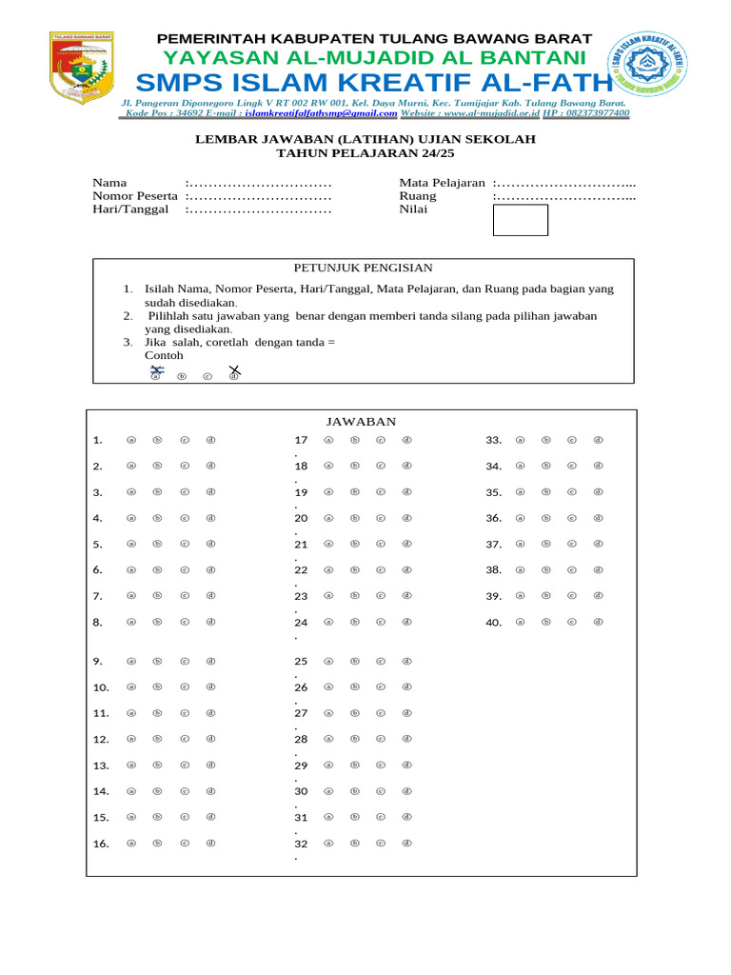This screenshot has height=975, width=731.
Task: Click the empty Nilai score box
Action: pos(520,220)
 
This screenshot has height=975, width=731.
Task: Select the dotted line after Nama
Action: pos(260,182)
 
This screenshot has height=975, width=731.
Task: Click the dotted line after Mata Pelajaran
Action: pos(565,182)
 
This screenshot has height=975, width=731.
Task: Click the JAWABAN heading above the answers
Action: pos(362,421)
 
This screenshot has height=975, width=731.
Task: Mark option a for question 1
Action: pos(131,440)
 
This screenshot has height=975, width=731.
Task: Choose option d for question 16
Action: pos(211,843)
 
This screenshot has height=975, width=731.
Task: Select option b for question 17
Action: pos(354,440)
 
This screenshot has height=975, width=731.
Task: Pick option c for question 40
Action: pos(572,622)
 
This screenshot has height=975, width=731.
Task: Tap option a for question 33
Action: pos(520,440)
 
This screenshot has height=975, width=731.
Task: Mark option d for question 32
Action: pos(406,843)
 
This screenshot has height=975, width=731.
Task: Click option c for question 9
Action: pos(185,661)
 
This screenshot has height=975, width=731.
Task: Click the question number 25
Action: pos(301,661)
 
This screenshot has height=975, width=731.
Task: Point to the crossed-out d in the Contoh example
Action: pos(233,372)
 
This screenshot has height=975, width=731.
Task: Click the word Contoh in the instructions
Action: pos(163,355)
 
